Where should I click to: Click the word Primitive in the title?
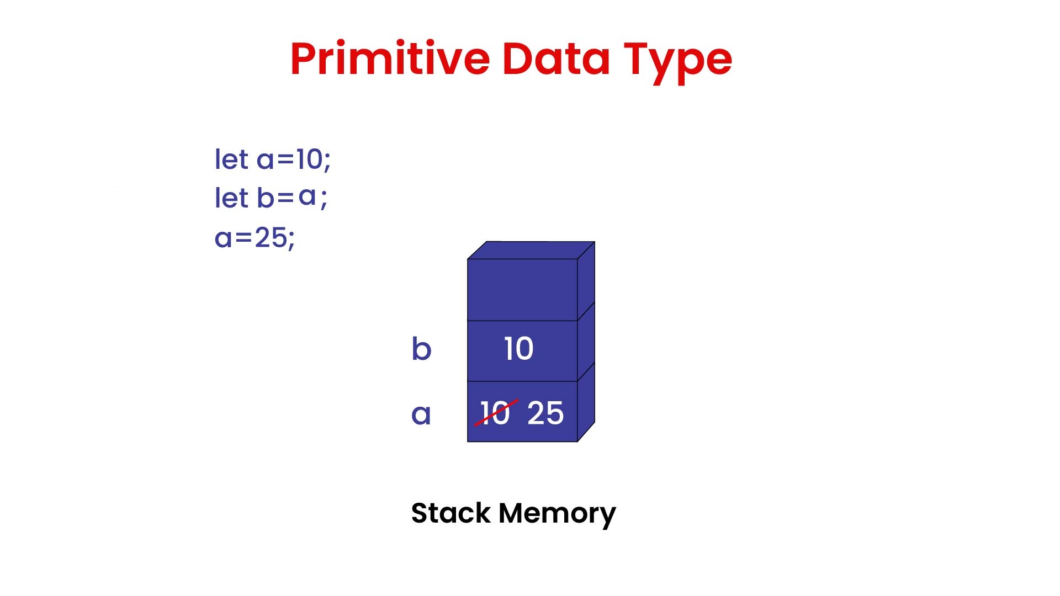390,58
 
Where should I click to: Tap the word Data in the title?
556,58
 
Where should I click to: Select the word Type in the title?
677,61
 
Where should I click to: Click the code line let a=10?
272,159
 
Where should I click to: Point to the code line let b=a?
271,198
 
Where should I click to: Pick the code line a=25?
255,238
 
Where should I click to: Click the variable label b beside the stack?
421,349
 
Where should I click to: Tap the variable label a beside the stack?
421,414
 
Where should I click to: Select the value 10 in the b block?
519,349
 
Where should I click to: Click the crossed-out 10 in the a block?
495,413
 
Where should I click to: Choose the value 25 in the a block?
545,413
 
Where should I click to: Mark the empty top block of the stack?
522,289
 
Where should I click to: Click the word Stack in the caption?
451,513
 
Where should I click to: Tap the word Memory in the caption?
557,514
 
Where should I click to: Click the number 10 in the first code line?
309,159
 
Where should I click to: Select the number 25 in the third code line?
271,238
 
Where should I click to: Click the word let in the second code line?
231,198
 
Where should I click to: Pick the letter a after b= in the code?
307,196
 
